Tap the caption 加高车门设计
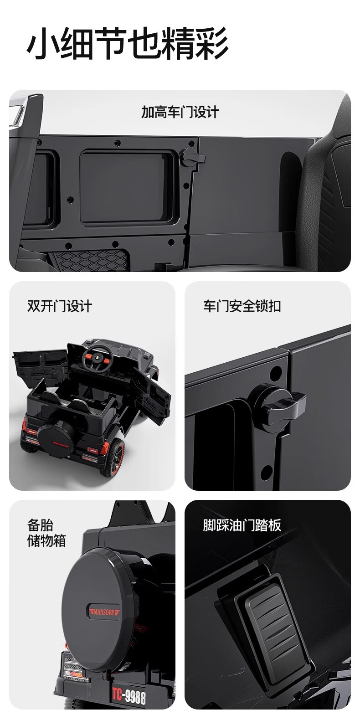180,112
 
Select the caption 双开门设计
60,306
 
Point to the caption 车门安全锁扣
242,306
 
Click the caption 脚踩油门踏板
242,525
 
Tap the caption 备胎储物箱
46,533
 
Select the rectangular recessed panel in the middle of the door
127,188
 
